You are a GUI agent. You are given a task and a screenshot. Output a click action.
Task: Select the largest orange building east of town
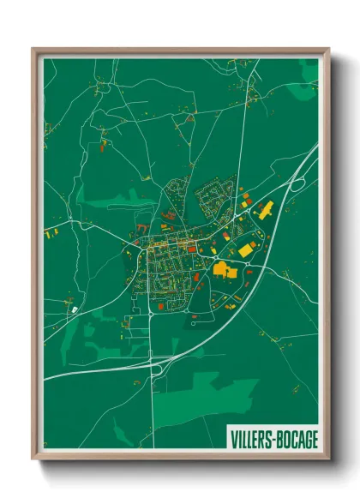[225, 270]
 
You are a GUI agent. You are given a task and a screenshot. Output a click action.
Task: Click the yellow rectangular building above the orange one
[247, 249]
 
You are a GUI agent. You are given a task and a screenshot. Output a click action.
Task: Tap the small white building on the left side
[74, 308]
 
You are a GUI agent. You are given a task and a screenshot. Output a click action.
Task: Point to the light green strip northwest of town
[111, 202]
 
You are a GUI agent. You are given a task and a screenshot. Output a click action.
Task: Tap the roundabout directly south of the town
[152, 314]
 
